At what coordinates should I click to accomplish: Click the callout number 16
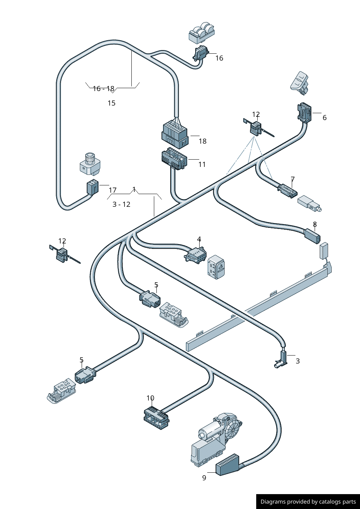(x=219, y=58)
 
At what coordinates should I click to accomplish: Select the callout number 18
(x=202, y=141)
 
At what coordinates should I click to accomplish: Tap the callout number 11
(x=202, y=164)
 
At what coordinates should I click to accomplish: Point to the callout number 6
(x=324, y=118)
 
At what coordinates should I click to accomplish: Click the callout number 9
(x=204, y=478)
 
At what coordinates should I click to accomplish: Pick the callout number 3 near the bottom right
(x=298, y=361)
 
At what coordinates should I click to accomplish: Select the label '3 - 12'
(x=121, y=204)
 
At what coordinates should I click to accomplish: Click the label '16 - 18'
(x=103, y=89)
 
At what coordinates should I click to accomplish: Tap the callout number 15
(x=111, y=103)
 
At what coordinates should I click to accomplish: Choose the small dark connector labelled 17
(x=93, y=188)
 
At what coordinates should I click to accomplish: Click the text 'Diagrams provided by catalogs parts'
(x=308, y=502)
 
